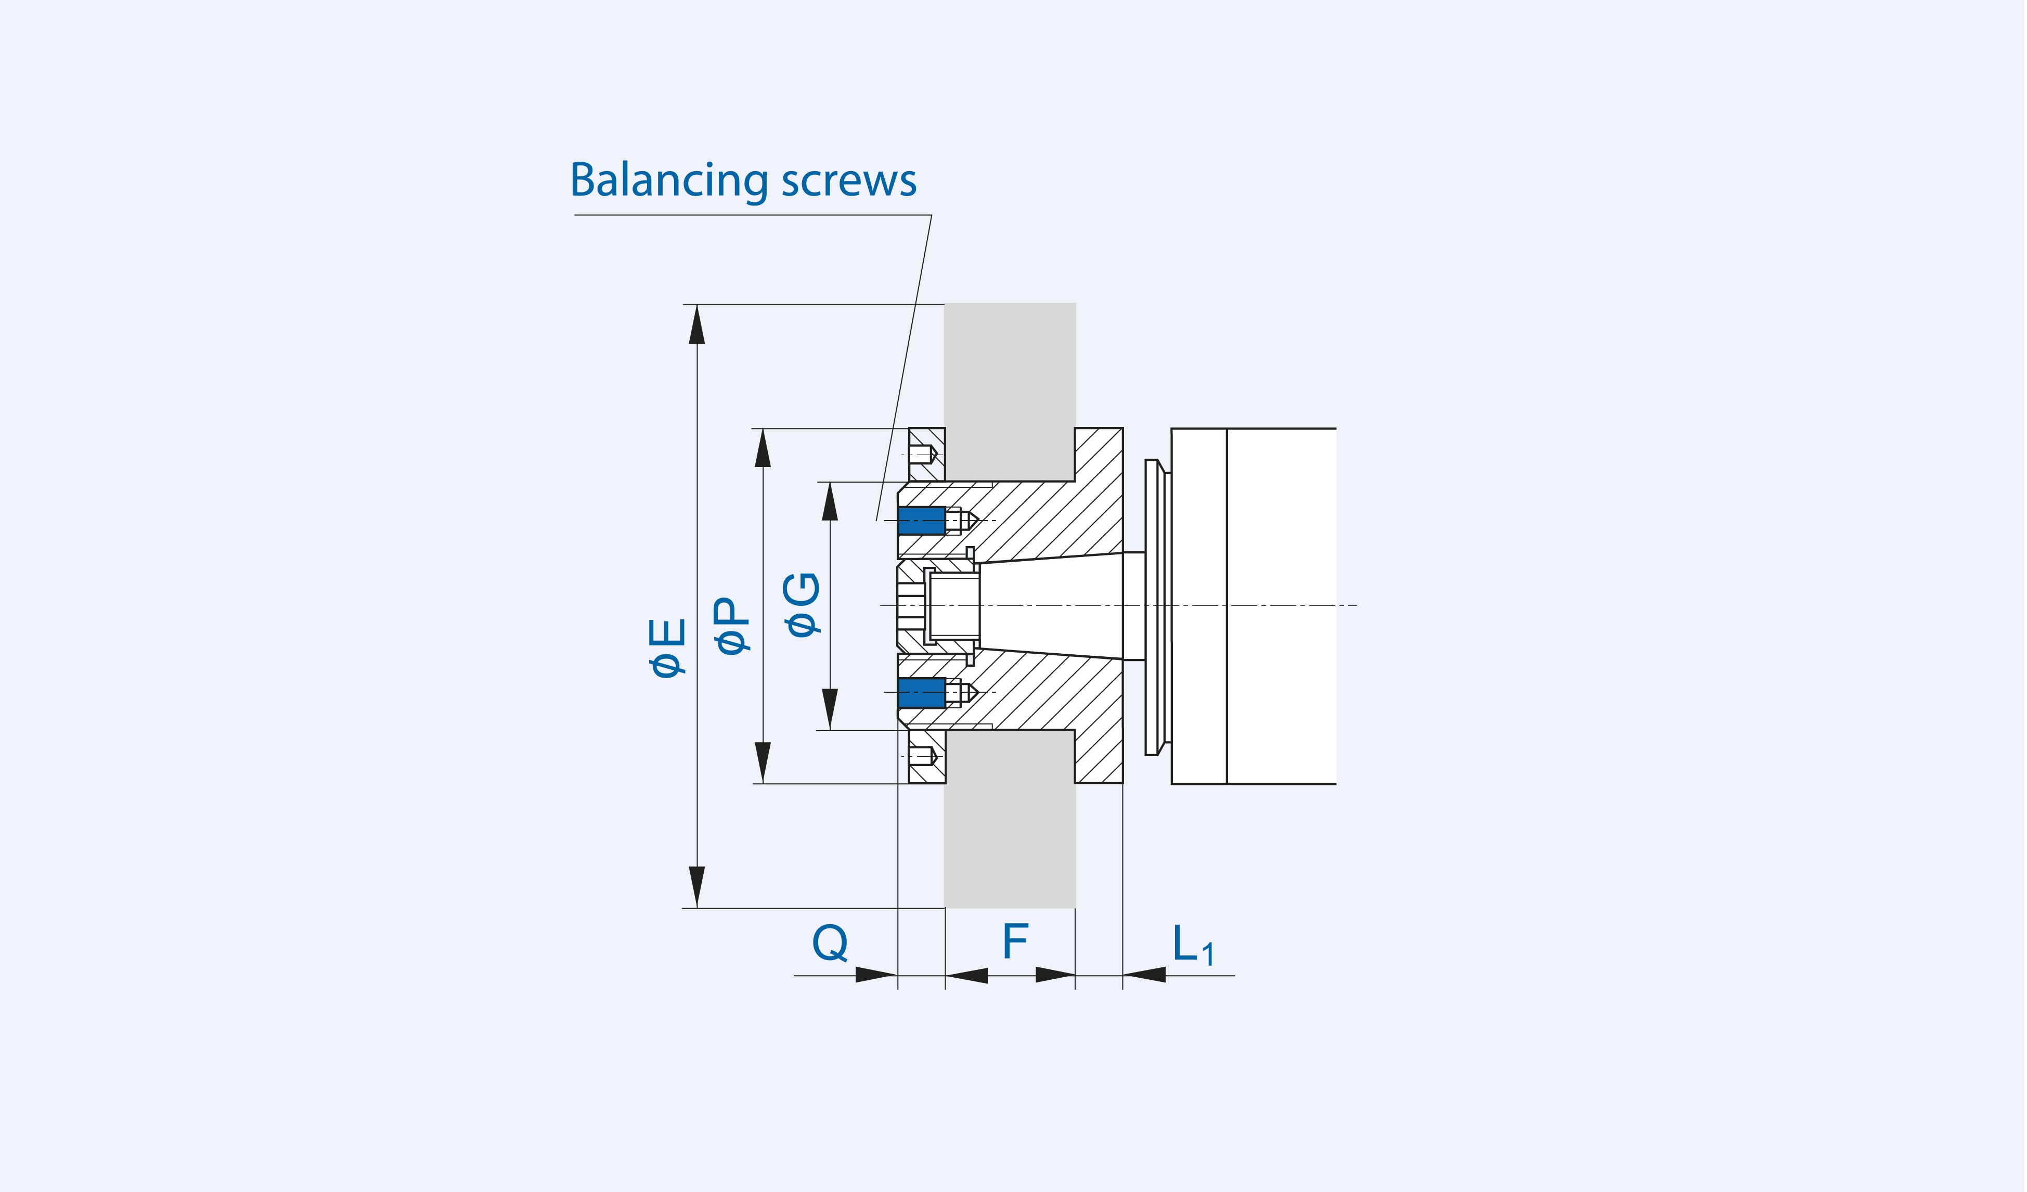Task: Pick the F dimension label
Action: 1016,941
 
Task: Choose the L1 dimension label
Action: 1193,944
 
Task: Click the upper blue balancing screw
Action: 922,521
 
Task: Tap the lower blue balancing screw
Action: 922,693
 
